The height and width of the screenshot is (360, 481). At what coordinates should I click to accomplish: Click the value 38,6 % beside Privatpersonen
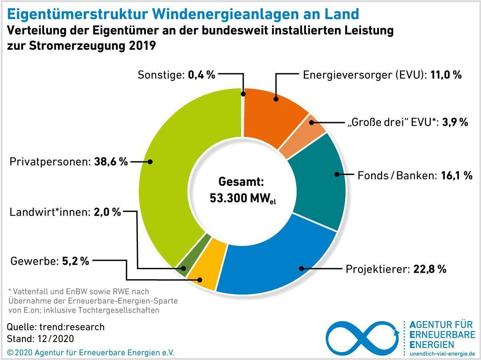[111, 162]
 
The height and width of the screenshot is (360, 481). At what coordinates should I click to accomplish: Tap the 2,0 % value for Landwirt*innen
[107, 212]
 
